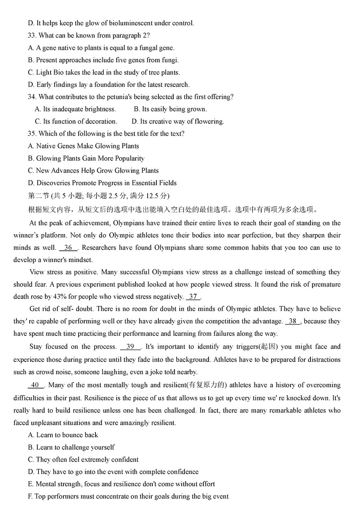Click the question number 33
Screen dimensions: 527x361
pos(32,36)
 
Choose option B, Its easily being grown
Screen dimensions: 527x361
pos(170,109)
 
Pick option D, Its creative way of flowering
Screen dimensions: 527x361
pos(178,121)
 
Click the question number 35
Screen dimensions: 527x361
pos(32,134)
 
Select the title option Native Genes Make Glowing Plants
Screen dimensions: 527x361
pos(87,146)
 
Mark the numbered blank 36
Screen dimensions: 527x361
pos(68,248)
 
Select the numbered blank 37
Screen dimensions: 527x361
pos(193,297)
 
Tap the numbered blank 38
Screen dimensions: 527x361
pos(292,321)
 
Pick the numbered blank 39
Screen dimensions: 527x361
pos(130,347)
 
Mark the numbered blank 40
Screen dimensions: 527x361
pos(35,385)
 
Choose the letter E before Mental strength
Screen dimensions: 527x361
pos(30,484)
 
